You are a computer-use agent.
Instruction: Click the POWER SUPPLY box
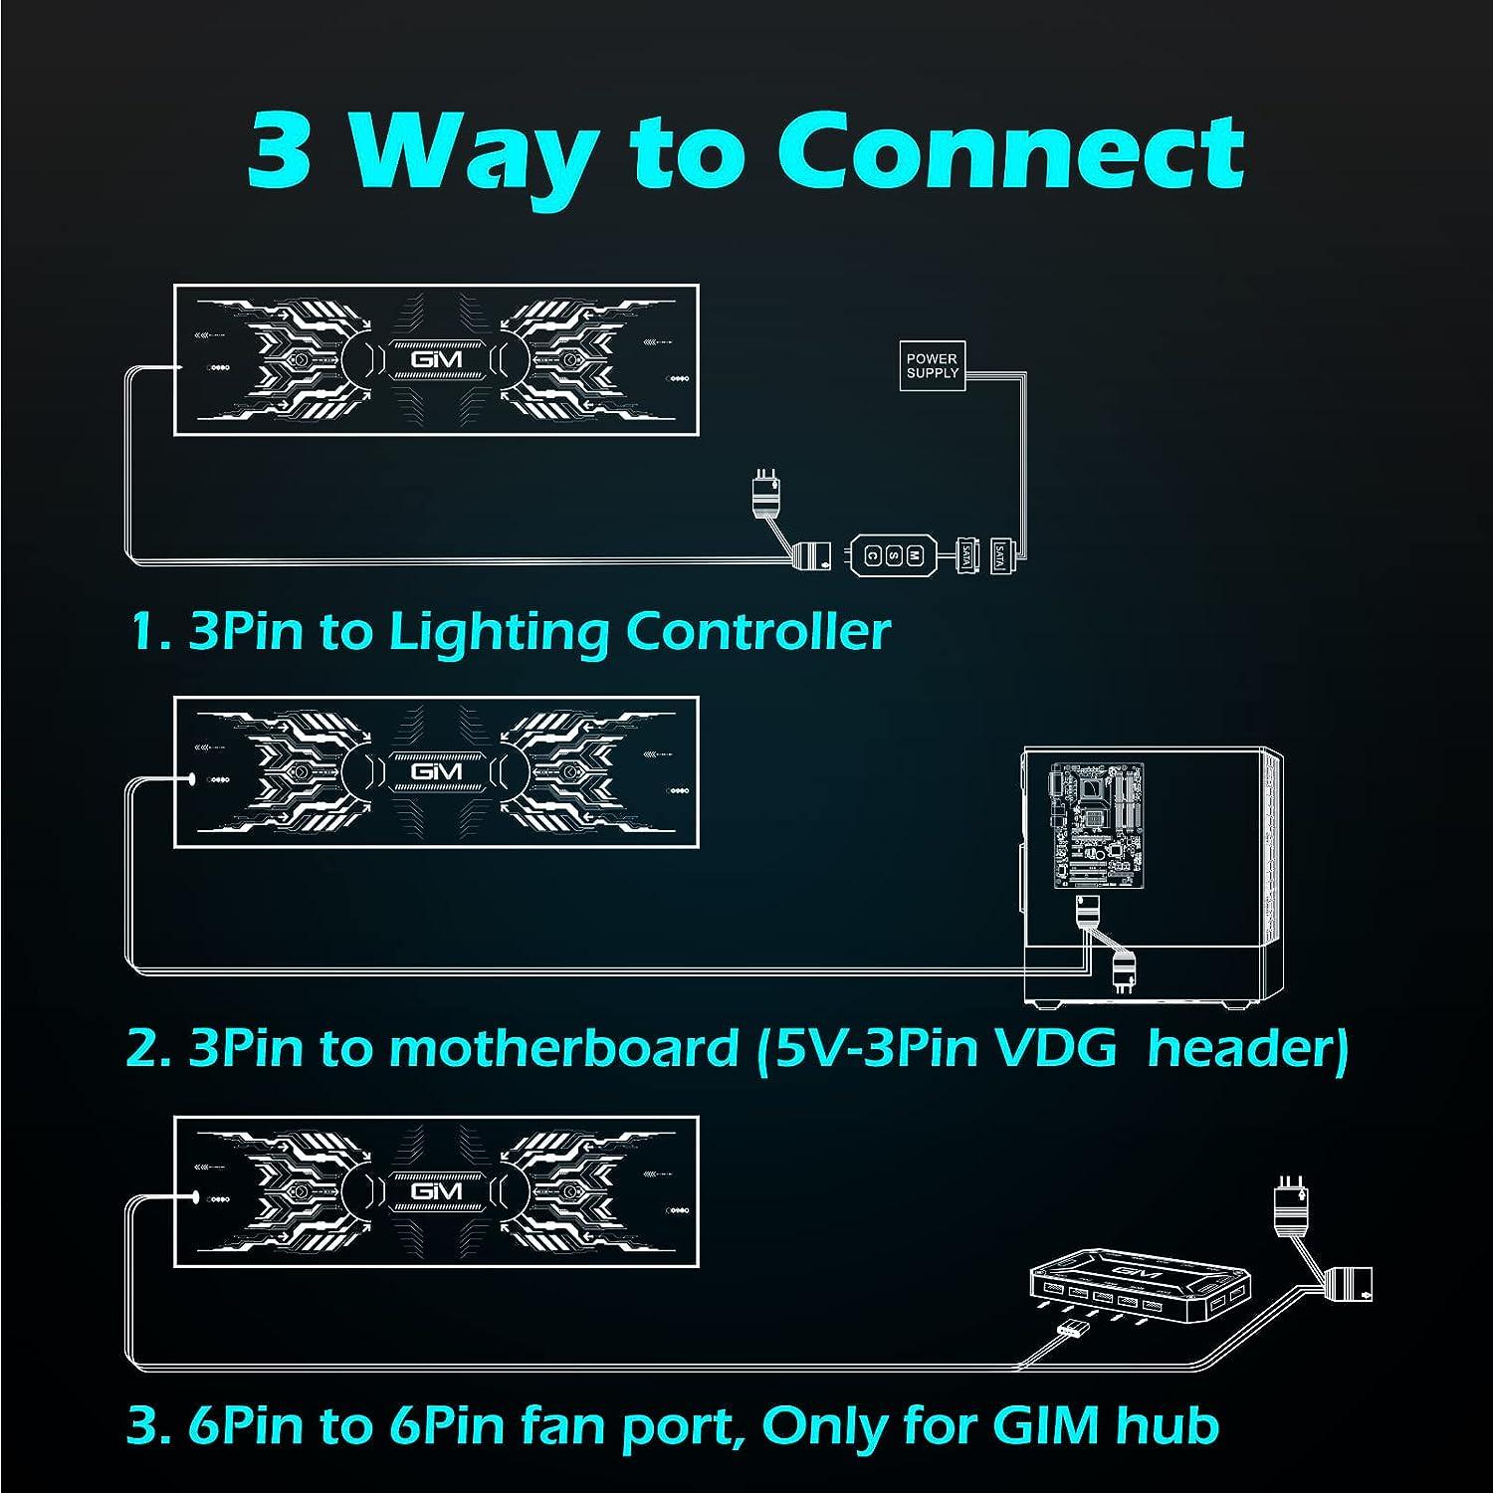(x=933, y=365)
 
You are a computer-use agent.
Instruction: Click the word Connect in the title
(x=1010, y=152)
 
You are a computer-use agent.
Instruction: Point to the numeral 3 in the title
(x=280, y=152)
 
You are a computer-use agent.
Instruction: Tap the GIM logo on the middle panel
(x=436, y=771)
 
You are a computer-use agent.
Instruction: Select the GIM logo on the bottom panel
(x=436, y=1190)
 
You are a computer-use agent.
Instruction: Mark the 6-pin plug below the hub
(x=1074, y=1330)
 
